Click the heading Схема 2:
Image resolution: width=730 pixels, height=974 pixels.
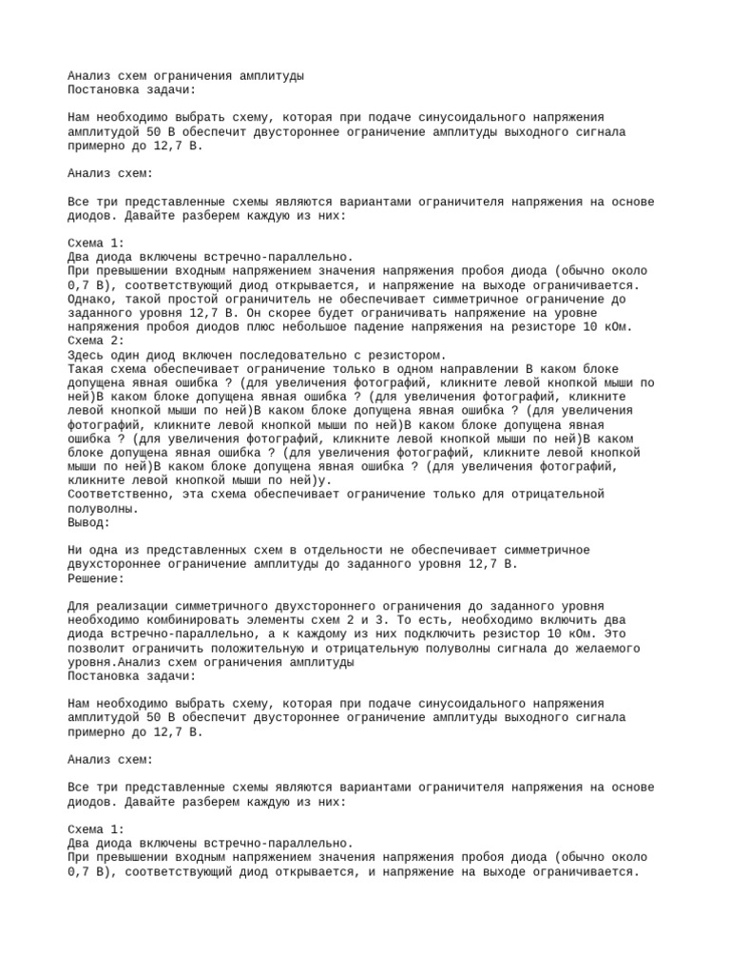[x=96, y=341]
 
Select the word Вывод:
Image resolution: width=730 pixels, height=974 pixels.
[x=89, y=522]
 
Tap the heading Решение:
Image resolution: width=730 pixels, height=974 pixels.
[x=96, y=578]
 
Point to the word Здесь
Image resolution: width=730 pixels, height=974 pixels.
[x=86, y=355]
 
